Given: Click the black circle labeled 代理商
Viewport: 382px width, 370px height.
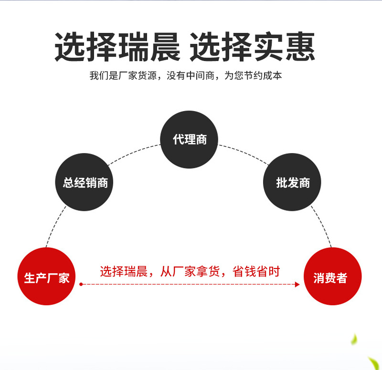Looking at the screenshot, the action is (x=189, y=139).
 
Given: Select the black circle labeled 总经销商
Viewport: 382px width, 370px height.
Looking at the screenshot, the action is (x=85, y=182).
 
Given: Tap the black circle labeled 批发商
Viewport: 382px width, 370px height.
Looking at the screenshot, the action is (x=292, y=182).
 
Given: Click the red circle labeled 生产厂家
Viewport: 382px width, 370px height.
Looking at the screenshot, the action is (x=46, y=277).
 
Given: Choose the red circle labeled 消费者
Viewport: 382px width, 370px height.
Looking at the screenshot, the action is (x=332, y=277).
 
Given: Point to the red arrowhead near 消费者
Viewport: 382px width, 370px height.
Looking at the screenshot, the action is (x=297, y=284).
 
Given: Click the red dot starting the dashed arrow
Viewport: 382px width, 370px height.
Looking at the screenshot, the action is (x=81, y=284).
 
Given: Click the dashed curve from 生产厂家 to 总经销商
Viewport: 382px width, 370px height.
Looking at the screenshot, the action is (x=54, y=226).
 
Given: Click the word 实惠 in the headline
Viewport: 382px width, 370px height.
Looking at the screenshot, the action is (x=285, y=46).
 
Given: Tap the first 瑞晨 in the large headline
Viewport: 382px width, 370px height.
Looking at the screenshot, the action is (x=149, y=46).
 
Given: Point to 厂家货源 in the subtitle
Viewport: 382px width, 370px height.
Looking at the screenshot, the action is (x=138, y=76).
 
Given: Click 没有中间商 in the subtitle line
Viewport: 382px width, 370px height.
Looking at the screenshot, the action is (x=191, y=76).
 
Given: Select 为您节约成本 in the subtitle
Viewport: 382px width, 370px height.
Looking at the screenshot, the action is (x=253, y=76).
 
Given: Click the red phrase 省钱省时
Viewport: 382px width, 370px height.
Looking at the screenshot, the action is (x=256, y=271).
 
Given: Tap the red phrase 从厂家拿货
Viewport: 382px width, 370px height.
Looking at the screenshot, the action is (x=190, y=271).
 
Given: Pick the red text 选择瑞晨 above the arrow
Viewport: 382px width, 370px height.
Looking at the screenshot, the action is (x=124, y=271).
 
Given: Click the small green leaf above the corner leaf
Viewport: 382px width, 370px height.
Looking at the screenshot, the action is (x=354, y=339).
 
